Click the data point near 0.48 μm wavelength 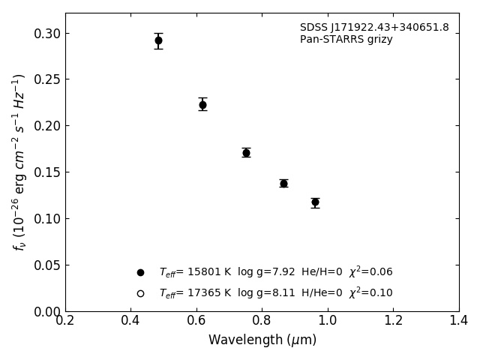[x=158, y=40]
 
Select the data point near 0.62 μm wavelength [x=202, y=104]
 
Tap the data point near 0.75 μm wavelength [x=246, y=152]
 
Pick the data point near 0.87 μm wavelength [x=283, y=183]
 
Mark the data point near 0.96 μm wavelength [x=315, y=202]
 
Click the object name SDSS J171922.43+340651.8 [x=374, y=28]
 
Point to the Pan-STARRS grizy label [x=346, y=40]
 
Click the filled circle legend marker [x=140, y=272]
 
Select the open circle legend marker [x=140, y=293]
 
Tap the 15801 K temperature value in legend [x=208, y=272]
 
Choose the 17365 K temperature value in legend [x=208, y=293]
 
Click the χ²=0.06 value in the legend [x=370, y=271]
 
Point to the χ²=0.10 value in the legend [x=370, y=292]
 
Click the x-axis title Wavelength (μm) [x=262, y=340]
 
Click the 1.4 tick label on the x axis [x=459, y=320]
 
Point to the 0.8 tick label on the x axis [x=262, y=320]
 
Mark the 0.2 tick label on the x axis [x=65, y=320]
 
